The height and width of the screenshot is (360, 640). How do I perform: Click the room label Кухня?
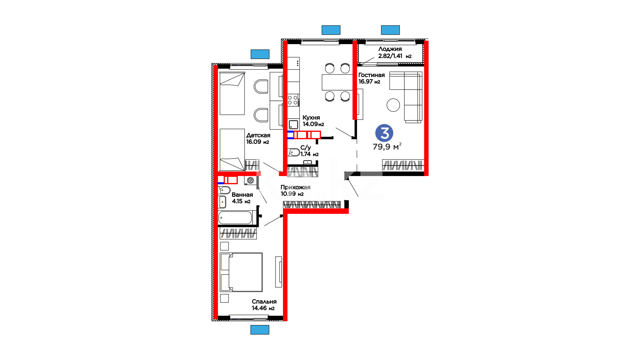(x=311, y=118)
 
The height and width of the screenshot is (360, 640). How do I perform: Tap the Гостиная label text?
(x=371, y=75)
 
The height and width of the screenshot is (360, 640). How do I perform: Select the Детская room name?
(x=258, y=135)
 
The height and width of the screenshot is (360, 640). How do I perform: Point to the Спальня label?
(x=264, y=302)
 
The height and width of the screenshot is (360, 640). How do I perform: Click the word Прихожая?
(x=295, y=187)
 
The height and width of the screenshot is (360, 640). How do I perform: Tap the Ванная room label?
(x=242, y=195)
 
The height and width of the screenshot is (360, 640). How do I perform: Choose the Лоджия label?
(x=390, y=49)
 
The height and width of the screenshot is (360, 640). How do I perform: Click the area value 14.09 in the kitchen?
(x=310, y=124)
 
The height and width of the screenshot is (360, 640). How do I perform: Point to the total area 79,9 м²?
(x=387, y=147)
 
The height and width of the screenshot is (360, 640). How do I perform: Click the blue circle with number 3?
(x=384, y=133)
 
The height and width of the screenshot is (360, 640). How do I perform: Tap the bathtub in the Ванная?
(x=235, y=218)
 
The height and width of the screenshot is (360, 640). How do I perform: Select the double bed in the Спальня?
(x=241, y=272)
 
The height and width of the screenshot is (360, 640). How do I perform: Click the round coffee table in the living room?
(x=393, y=105)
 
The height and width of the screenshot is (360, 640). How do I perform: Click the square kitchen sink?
(x=293, y=125)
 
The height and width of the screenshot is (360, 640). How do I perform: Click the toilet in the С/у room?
(x=294, y=152)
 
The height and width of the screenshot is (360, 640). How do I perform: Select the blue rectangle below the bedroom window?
(x=260, y=330)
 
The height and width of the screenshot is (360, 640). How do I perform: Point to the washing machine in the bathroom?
(x=250, y=180)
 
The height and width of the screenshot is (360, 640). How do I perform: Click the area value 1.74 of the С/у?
(x=306, y=154)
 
